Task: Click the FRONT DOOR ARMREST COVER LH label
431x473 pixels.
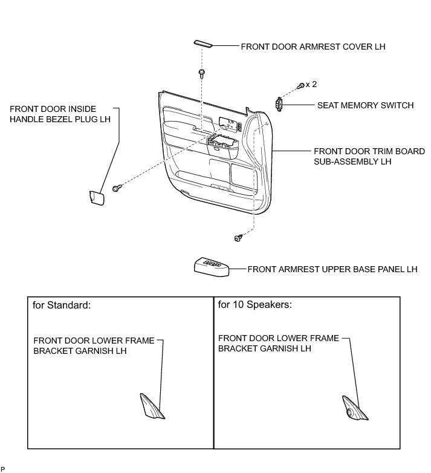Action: pyautogui.click(x=313, y=46)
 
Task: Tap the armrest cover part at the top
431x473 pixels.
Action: pyautogui.click(x=203, y=44)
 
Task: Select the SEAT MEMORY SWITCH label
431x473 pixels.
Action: pyautogui.click(x=365, y=105)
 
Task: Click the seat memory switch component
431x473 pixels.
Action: pyautogui.click(x=279, y=104)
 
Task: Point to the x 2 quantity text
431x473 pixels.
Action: pyautogui.click(x=311, y=84)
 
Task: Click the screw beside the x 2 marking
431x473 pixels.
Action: pyautogui.click(x=300, y=87)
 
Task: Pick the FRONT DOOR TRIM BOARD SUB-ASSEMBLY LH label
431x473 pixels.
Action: pyautogui.click(x=369, y=156)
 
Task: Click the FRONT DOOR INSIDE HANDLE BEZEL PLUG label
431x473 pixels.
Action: pyautogui.click(x=60, y=114)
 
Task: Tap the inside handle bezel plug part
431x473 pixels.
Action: pyautogui.click(x=96, y=198)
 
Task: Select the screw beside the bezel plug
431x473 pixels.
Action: pyautogui.click(x=117, y=189)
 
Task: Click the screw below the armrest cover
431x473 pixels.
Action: pyautogui.click(x=201, y=74)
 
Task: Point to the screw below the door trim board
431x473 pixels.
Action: pyautogui.click(x=238, y=238)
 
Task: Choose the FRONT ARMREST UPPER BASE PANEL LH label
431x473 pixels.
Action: pyautogui.click(x=332, y=269)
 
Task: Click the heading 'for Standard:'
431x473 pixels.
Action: pyautogui.click(x=62, y=305)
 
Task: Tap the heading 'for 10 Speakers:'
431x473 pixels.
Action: pyautogui.click(x=255, y=305)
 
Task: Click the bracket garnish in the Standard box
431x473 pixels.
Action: pyautogui.click(x=152, y=405)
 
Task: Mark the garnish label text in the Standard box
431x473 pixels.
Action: pyautogui.click(x=94, y=345)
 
